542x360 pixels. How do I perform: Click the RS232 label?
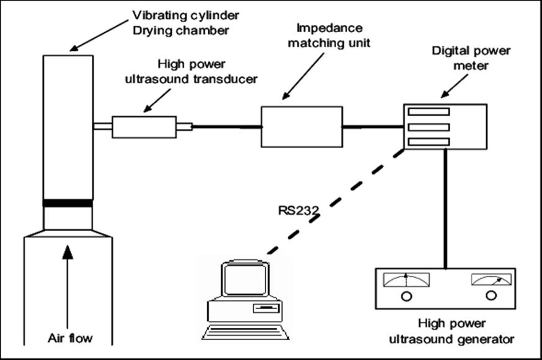point(298,211)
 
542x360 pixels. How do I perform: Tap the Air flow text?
point(70,338)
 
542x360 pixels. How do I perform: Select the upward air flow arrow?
point(68,287)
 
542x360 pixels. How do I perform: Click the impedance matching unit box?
point(302,127)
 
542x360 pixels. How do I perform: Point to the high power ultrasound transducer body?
point(144,127)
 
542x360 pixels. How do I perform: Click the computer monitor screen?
point(246,280)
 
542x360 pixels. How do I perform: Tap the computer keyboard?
point(245,332)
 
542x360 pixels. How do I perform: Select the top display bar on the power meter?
point(429,112)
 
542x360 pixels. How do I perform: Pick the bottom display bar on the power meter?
point(429,142)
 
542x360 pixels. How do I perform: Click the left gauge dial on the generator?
point(406,280)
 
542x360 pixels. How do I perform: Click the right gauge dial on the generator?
point(491,279)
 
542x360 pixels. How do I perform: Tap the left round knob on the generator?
point(407,296)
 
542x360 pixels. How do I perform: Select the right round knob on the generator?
point(491,296)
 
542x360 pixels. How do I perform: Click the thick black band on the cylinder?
point(68,203)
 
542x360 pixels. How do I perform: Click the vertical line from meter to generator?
point(445,209)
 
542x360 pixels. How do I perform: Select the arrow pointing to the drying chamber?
point(99,35)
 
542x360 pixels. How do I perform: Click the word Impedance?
point(329,28)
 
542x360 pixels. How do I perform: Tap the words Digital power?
point(471,51)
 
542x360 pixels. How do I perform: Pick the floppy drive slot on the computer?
point(266,308)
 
